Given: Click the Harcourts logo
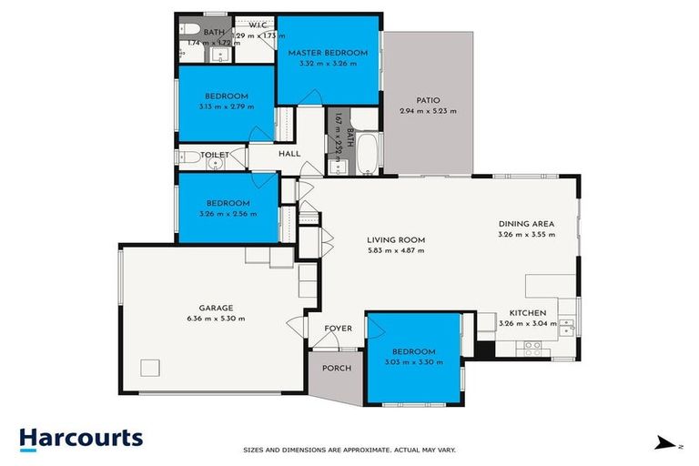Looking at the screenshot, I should pos(81,438).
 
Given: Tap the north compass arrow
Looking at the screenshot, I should pos(666,444).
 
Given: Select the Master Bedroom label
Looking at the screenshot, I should pos(329,53).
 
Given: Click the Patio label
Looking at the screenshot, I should pos(428,100).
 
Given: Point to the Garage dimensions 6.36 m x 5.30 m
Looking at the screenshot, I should pos(217,319).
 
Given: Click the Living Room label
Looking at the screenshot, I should pos(396,240).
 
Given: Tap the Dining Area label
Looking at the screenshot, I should pos(526,224).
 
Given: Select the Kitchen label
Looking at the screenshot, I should pos(527,312).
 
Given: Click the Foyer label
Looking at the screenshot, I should pos(338,329).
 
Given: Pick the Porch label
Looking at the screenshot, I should pos(337,368).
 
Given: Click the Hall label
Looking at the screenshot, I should pos(289,154).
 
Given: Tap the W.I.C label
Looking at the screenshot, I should pos(245,25).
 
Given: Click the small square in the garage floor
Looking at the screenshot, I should pos(150,369).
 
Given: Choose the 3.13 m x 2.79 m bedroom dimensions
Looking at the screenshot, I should pos(227,106).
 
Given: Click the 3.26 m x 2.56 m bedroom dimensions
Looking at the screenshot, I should pos(228,214).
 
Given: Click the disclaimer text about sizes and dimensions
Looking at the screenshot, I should pos(349,450).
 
